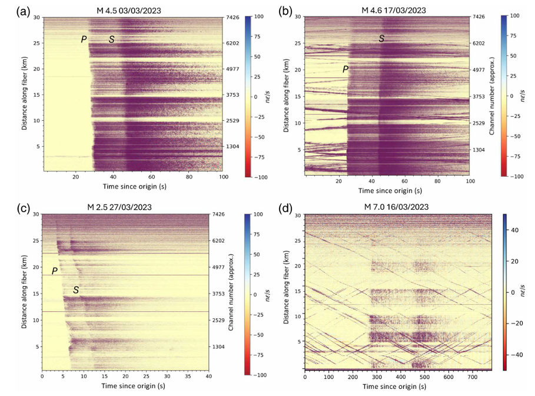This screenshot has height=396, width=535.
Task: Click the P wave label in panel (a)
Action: point(84,39)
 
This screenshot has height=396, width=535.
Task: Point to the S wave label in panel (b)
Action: point(381,39)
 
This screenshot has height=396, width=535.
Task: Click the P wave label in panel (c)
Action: point(54,270)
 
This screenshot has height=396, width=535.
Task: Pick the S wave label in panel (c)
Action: point(75,289)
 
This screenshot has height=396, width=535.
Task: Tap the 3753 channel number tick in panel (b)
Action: point(478,97)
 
